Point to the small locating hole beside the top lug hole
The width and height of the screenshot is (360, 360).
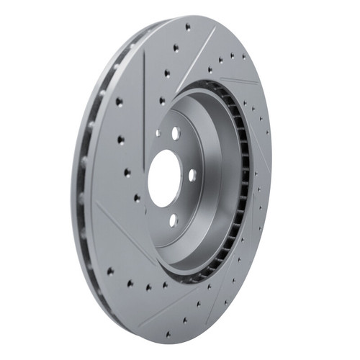tap(158, 132)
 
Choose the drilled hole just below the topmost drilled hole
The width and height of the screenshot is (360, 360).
tap(176, 48)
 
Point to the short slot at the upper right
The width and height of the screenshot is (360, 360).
tap(238, 81)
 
